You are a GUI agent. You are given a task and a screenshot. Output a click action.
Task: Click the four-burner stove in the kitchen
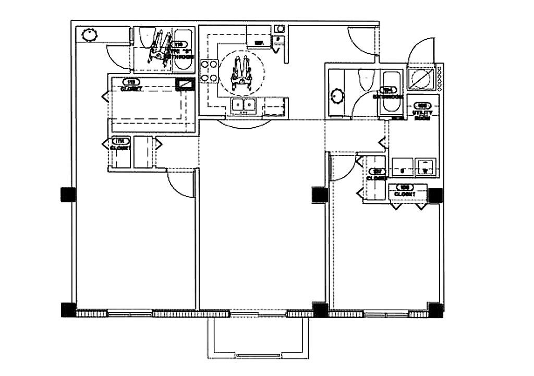coord(209,71)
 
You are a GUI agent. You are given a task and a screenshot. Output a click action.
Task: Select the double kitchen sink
coord(244,106)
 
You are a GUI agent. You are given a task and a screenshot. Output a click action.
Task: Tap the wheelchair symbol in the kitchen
coord(242,72)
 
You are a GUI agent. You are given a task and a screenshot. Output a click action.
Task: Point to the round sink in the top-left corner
coord(89,34)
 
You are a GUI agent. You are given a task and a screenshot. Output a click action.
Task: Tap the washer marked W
coord(426,167)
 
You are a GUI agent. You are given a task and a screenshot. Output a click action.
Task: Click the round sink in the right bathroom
coord(337,96)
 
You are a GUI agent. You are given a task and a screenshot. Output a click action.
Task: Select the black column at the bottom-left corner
coord(68,309)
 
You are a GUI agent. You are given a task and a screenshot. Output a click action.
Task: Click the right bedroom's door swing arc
coord(343,168)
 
